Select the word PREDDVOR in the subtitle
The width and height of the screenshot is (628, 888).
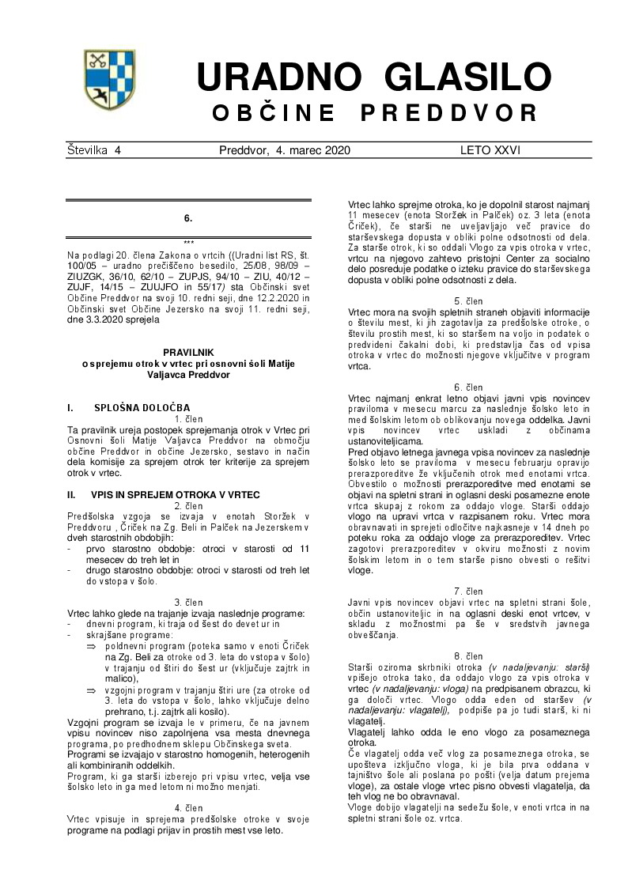pos(449,113)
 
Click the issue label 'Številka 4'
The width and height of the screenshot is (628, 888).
pos(94,149)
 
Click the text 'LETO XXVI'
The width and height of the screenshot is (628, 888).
pos(490,149)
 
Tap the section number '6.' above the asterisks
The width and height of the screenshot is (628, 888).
pos(188,217)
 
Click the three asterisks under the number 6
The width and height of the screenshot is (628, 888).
pos(188,243)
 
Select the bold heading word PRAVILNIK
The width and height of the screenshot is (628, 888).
pos(188,350)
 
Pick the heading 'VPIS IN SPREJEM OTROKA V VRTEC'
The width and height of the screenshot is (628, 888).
pos(175,494)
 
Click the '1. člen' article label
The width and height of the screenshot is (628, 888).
pos(188,418)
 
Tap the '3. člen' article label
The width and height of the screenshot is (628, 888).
pos(188,602)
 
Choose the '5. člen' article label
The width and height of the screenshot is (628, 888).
pos(468,301)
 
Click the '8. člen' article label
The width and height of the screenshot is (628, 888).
pos(468,656)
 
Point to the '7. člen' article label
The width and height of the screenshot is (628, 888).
pos(468,591)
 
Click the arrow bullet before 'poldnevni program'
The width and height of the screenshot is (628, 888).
pos(91,646)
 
